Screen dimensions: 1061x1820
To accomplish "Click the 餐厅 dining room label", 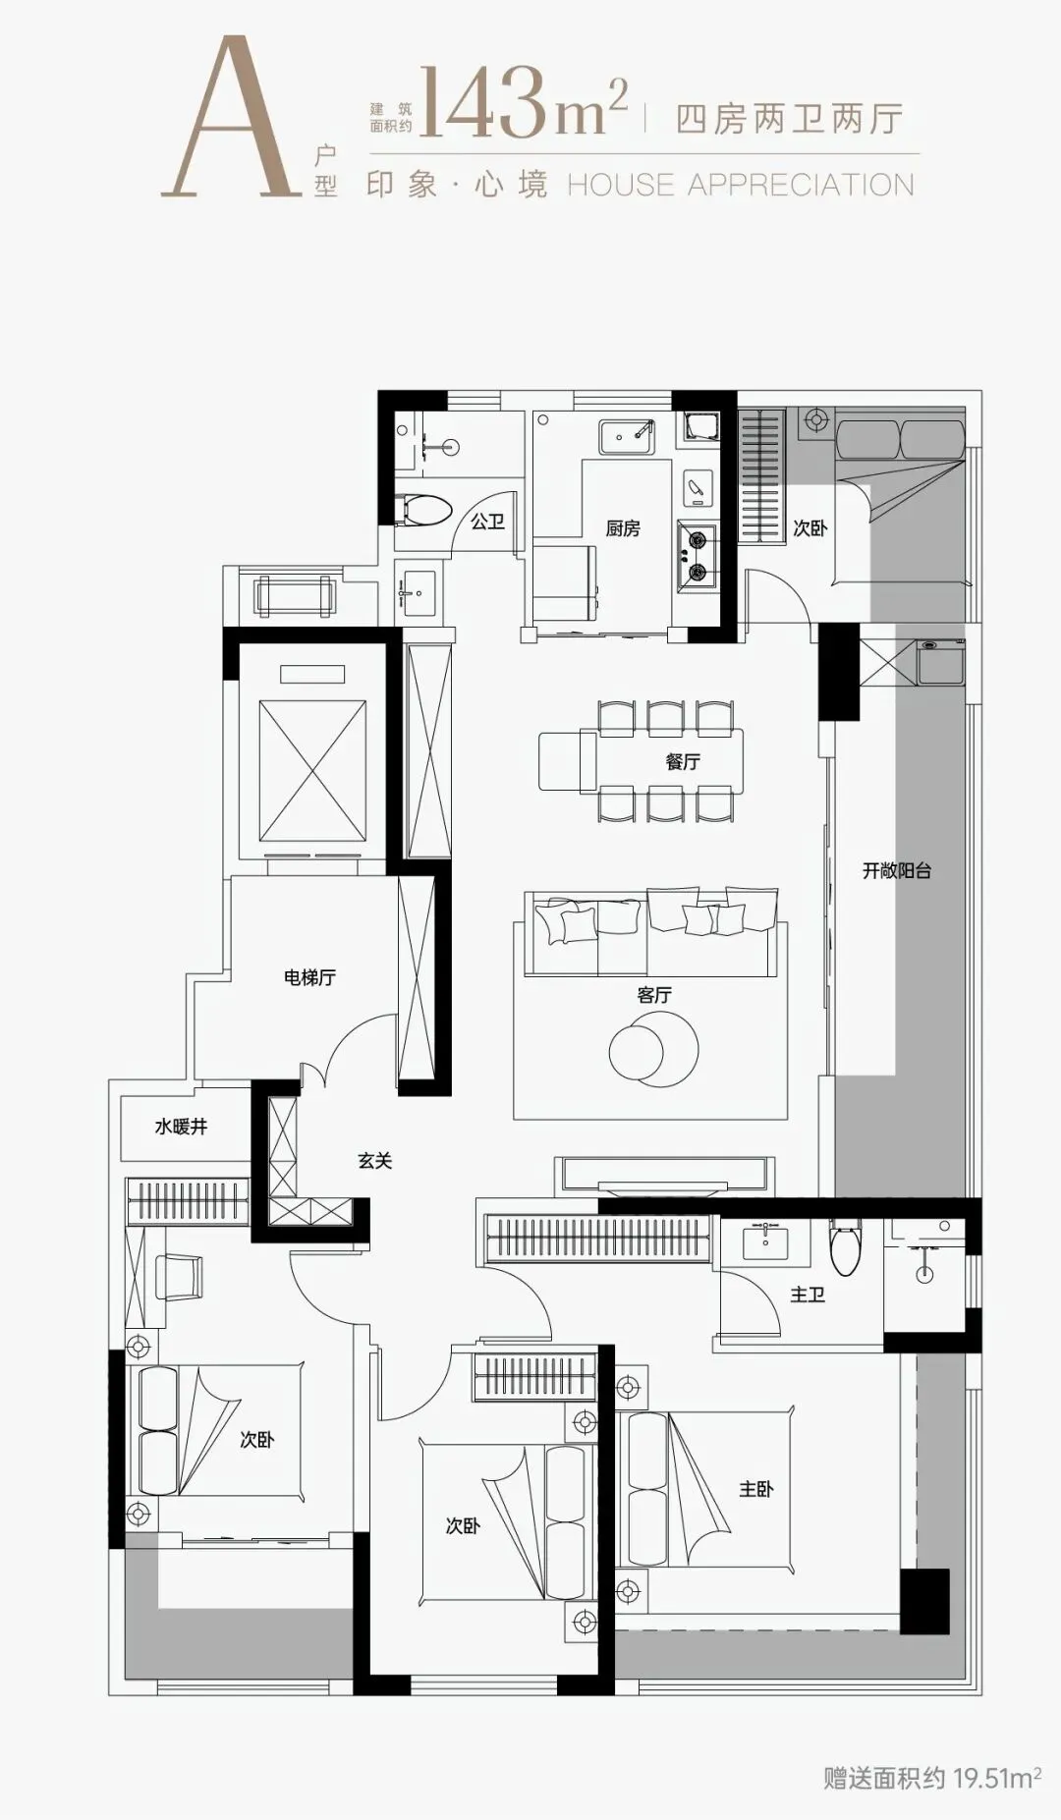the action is click(683, 761).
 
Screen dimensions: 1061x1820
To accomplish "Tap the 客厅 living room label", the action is click(654, 995).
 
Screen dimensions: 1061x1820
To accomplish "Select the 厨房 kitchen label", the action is click(623, 528).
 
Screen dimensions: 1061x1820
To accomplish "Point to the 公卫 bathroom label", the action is click(487, 521).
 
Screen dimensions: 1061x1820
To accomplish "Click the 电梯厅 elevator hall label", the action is click(309, 977).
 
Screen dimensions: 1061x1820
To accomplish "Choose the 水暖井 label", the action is click(181, 1127).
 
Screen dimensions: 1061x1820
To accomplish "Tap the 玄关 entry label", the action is click(374, 1161).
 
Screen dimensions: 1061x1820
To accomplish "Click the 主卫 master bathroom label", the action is click(808, 1296).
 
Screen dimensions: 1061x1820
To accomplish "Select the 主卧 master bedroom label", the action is click(755, 1489).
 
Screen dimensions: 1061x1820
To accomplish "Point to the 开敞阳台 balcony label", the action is click(896, 870).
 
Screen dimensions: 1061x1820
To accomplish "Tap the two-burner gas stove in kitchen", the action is click(696, 555).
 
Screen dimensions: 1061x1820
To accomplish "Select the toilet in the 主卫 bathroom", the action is click(845, 1246).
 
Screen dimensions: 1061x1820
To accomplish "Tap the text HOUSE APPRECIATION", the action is click(741, 185).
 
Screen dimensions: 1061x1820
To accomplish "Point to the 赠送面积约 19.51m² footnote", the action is click(932, 1777).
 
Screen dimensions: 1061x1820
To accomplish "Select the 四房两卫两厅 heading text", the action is click(790, 119).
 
